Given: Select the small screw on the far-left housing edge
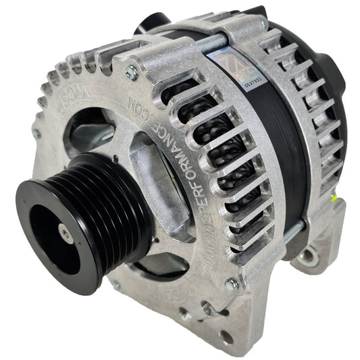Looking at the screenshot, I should tap(36, 134).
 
